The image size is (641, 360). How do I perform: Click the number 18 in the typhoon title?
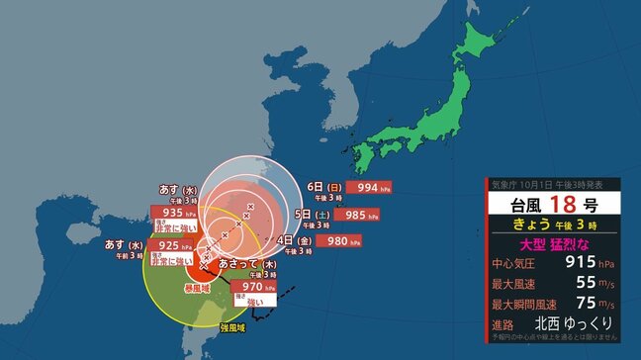click(x=563, y=207)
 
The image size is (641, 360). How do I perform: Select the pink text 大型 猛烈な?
click(x=553, y=243)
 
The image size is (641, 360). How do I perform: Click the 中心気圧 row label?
click(x=512, y=263)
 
